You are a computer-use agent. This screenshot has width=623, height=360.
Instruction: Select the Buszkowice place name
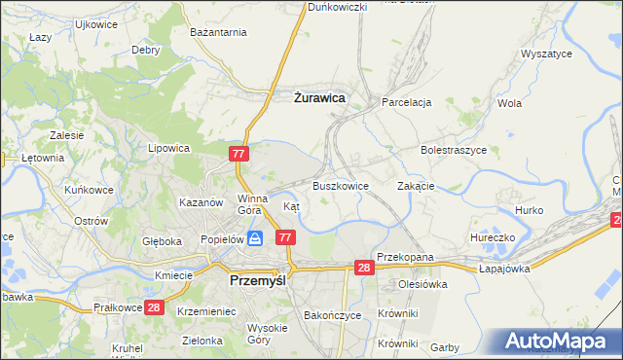pos(340,185)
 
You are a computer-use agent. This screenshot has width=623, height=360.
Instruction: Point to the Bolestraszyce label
pos(453,151)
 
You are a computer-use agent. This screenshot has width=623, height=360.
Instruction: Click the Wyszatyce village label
pos(546,54)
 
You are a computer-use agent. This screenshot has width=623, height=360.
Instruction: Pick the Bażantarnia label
pos(219,33)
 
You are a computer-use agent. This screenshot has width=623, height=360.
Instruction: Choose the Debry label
pos(146,50)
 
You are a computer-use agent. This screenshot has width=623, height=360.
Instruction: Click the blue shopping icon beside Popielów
pos(254,237)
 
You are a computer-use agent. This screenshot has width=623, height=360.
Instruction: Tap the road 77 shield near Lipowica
pos(240,154)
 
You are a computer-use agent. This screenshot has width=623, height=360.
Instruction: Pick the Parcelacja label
pos(407,101)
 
